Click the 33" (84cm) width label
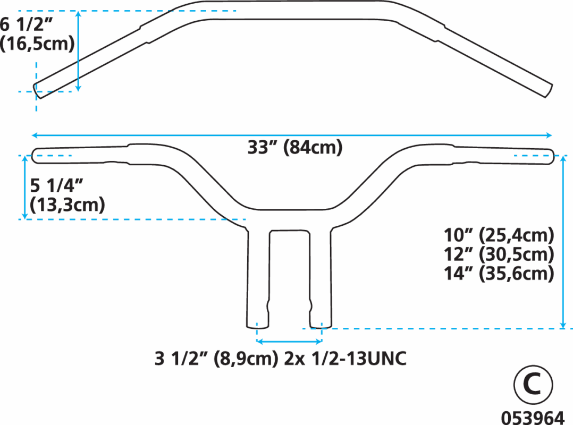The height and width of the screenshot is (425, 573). pos(295,148)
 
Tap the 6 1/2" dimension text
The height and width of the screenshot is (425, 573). pos(27,25)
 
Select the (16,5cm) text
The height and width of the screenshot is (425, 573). pos(37,44)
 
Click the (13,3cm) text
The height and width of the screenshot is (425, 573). pos(67,205)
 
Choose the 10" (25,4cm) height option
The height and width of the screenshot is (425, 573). pos(499,235)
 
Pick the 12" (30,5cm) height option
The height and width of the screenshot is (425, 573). pos(499,254)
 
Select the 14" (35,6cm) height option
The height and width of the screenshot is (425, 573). pos(499,274)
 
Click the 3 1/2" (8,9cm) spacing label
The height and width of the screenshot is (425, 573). pos(216,359)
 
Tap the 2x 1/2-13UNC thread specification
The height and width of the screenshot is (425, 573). pos(346,359)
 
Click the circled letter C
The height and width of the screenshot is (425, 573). pos(533,385)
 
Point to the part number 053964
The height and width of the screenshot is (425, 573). pos(533,418)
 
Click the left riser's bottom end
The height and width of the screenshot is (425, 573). pos(258,327)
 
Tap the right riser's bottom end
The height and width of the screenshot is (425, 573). pos(321,327)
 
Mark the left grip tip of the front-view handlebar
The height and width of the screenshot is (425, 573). pos(32,156)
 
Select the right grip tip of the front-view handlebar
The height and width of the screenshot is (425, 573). pos(554,156)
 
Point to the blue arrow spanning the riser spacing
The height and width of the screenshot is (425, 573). pos(289,342)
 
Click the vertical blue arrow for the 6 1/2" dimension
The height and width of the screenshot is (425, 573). pos(78,51)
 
